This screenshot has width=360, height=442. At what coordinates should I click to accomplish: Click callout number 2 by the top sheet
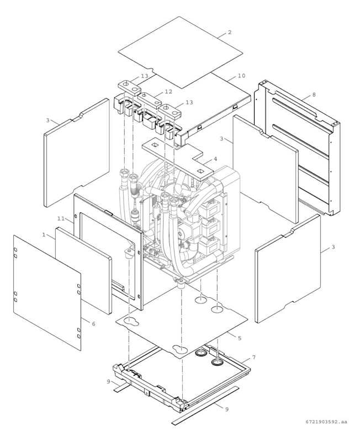click(229, 33)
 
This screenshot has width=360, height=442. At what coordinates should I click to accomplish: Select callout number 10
click(241, 76)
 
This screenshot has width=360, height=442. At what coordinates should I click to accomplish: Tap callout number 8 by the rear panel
click(314, 95)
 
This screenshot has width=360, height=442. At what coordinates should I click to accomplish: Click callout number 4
click(215, 159)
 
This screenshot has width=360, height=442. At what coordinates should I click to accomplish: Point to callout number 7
click(253, 358)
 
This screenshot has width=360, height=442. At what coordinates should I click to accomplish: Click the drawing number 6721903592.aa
click(326, 422)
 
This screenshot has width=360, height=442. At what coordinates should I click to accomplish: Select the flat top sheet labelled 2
click(181, 52)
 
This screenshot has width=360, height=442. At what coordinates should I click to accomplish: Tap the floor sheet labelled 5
click(182, 326)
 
